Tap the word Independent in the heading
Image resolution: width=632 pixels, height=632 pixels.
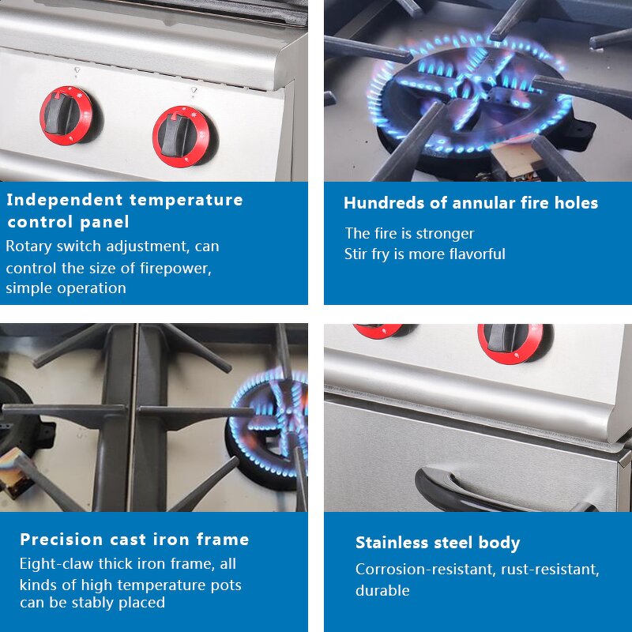click(64, 199)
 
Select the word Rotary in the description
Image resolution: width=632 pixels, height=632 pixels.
click(28, 246)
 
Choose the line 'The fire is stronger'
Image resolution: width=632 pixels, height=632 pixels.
click(409, 234)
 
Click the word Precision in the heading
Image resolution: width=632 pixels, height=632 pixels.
click(62, 540)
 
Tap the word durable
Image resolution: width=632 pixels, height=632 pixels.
click(382, 590)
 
